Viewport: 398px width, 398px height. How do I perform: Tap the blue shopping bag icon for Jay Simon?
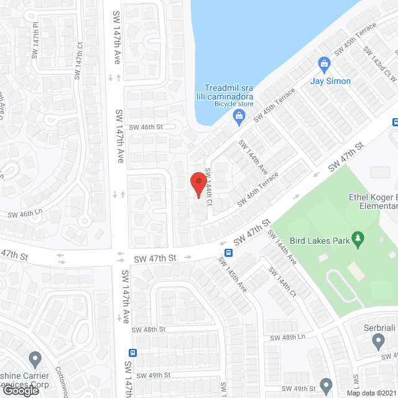[x=324, y=63]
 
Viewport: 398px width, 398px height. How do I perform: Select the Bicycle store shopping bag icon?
[x=238, y=116]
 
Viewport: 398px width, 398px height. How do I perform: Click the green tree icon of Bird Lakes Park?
[x=358, y=238]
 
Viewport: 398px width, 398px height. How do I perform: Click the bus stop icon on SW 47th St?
[x=229, y=252]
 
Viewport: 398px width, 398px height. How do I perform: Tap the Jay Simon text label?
[x=331, y=81]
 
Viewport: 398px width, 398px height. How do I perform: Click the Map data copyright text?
[x=371, y=392]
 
